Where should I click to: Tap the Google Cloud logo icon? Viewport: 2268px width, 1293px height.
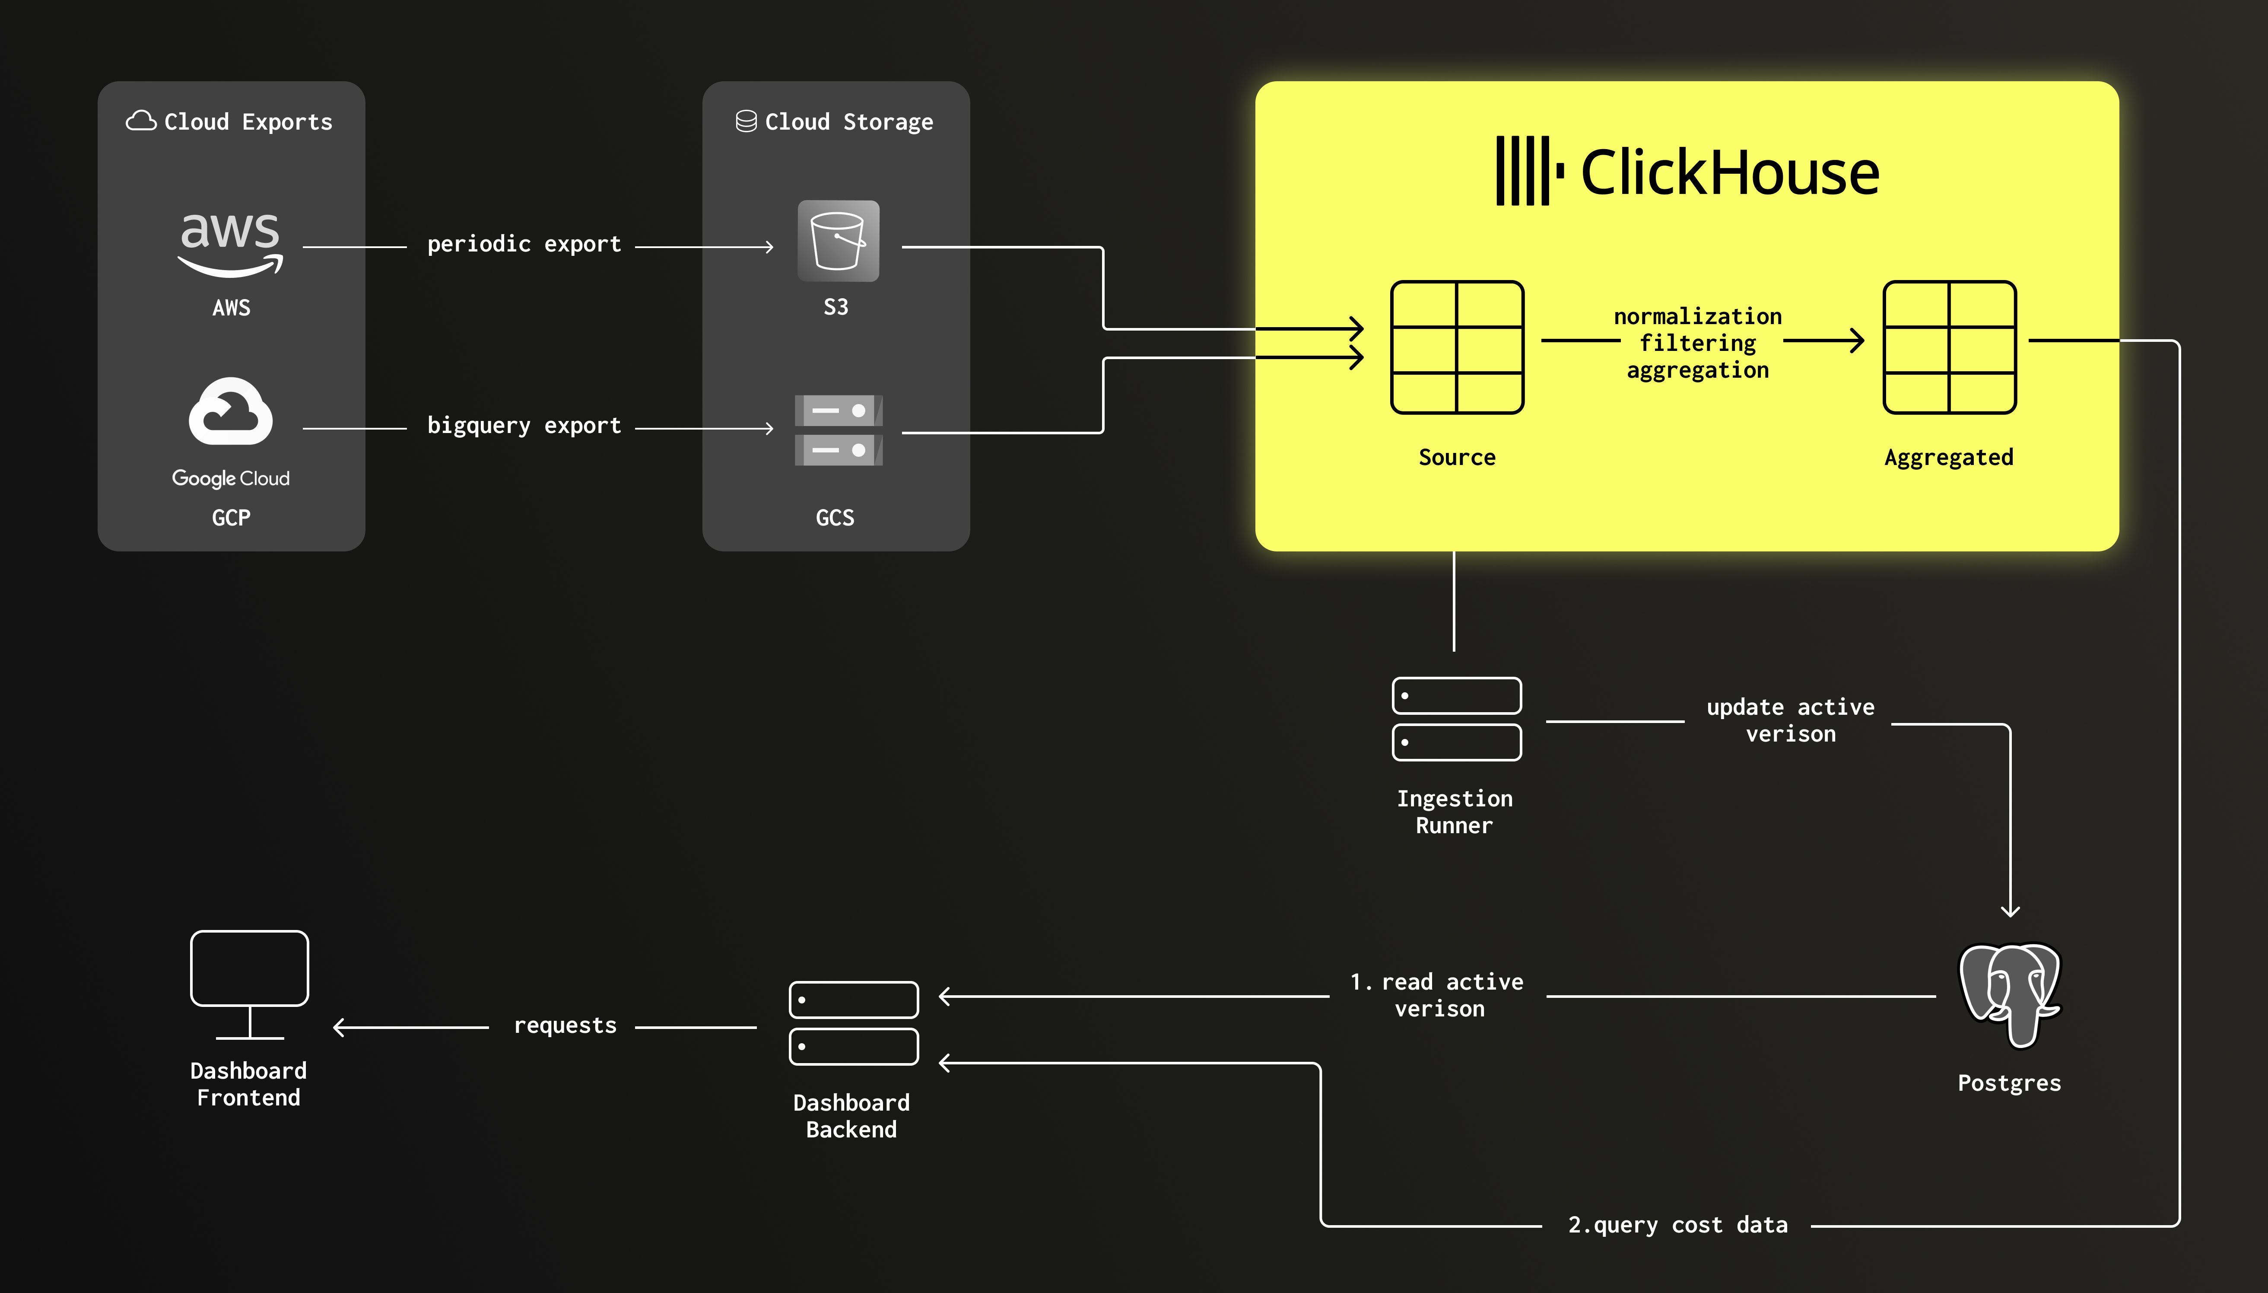coord(231,412)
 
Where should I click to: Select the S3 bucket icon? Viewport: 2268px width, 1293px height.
coord(838,241)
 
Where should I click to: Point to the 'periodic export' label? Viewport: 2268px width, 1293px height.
coord(524,244)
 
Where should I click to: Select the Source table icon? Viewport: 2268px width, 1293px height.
coord(1457,347)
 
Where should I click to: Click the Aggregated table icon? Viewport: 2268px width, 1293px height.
coord(1949,347)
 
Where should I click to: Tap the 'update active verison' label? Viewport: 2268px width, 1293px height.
coord(1791,720)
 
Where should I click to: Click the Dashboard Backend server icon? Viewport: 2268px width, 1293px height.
coord(853,1023)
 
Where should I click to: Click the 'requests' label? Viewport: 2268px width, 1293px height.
coord(565,1025)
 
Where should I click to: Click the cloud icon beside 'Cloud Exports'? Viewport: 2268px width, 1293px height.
coord(141,121)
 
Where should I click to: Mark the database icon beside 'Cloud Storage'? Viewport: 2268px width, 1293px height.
coord(746,121)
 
